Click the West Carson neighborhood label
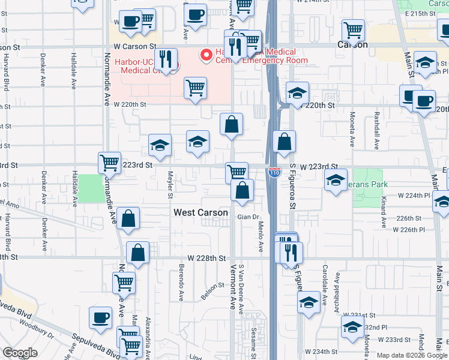coord(200,212)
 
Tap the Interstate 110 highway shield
coord(274,173)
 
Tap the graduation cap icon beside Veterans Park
coord(336,179)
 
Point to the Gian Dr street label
coord(247,217)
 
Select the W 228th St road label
coord(206,258)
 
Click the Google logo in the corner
coord(20,353)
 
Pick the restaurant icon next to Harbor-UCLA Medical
coord(163,59)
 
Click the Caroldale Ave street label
coord(325,275)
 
